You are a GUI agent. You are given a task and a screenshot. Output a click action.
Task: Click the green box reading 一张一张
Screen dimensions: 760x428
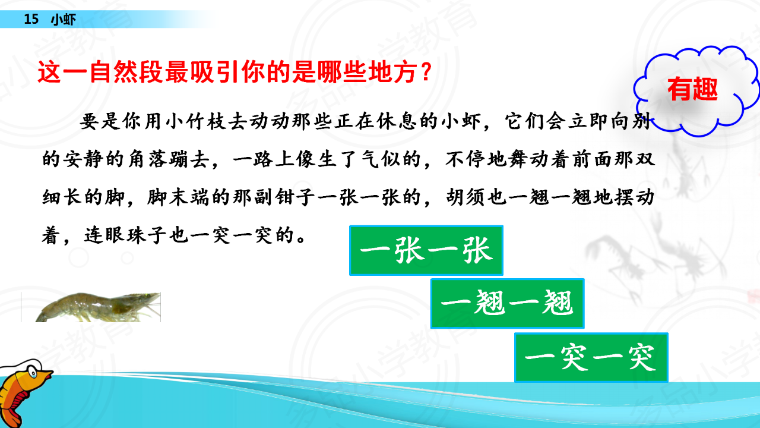pos(426,250)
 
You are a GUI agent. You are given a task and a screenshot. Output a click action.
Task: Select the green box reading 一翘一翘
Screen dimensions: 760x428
pos(507,303)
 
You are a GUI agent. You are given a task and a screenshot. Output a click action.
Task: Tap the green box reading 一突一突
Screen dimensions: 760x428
pos(591,357)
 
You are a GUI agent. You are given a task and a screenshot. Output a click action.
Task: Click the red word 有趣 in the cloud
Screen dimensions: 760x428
pos(692,89)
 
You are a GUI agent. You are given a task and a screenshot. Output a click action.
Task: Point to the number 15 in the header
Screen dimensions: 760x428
pos(31,19)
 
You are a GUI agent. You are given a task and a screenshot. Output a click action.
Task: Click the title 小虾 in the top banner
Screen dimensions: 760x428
pos(64,20)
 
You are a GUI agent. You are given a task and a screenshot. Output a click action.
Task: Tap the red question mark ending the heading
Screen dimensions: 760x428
pos(426,72)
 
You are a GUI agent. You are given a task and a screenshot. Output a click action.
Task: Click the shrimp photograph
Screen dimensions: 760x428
pos(91,307)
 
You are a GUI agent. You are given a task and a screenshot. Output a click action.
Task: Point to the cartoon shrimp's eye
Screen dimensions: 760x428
pos(33,373)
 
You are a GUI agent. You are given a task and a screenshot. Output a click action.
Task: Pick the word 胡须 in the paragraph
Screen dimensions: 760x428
pos(466,197)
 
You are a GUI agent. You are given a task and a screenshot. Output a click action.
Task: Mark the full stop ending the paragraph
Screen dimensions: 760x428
pos(300,239)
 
